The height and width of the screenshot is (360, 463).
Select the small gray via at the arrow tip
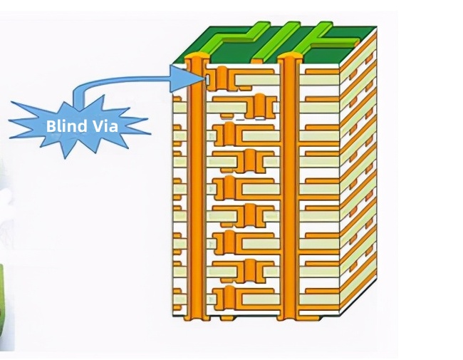207,79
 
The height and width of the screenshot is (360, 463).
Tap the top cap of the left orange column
194,57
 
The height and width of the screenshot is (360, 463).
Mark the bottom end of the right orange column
288,314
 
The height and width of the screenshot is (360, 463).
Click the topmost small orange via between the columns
222,75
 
